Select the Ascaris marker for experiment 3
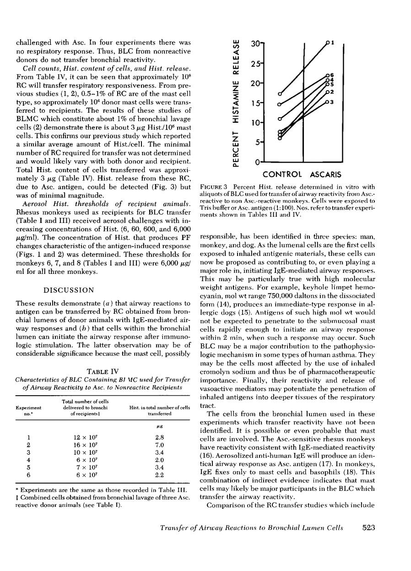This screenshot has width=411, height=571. tap(327, 103)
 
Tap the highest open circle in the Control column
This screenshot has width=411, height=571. tap(280, 93)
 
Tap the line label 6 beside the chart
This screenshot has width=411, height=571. tap(332, 75)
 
